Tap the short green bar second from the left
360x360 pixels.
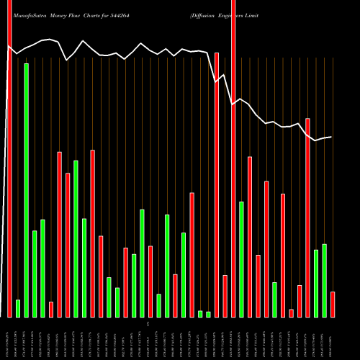[18, 308]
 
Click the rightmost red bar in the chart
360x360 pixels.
[332, 304]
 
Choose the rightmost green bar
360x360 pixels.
[324, 280]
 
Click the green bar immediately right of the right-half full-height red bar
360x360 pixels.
[241, 259]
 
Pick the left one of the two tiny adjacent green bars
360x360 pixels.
[200, 314]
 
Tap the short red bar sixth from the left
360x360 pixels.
[51, 309]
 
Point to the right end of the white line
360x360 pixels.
[332, 137]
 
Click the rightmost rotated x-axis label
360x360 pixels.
[332, 338]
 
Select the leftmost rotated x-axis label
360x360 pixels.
[9, 338]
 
